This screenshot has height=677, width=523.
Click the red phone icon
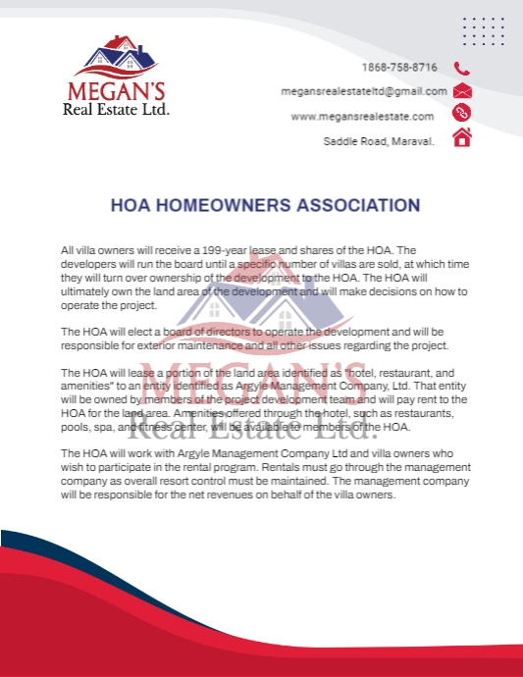(461, 69)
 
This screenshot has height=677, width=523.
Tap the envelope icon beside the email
(462, 91)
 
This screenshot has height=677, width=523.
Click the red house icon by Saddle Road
(462, 138)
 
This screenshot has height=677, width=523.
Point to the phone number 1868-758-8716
(399, 68)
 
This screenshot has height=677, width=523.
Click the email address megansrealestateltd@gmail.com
(364, 91)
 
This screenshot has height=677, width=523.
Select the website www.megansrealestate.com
(362, 116)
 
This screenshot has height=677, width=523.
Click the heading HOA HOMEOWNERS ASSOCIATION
(265, 206)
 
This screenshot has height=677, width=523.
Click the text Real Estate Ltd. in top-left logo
(117, 110)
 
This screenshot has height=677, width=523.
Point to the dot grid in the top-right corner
(483, 31)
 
